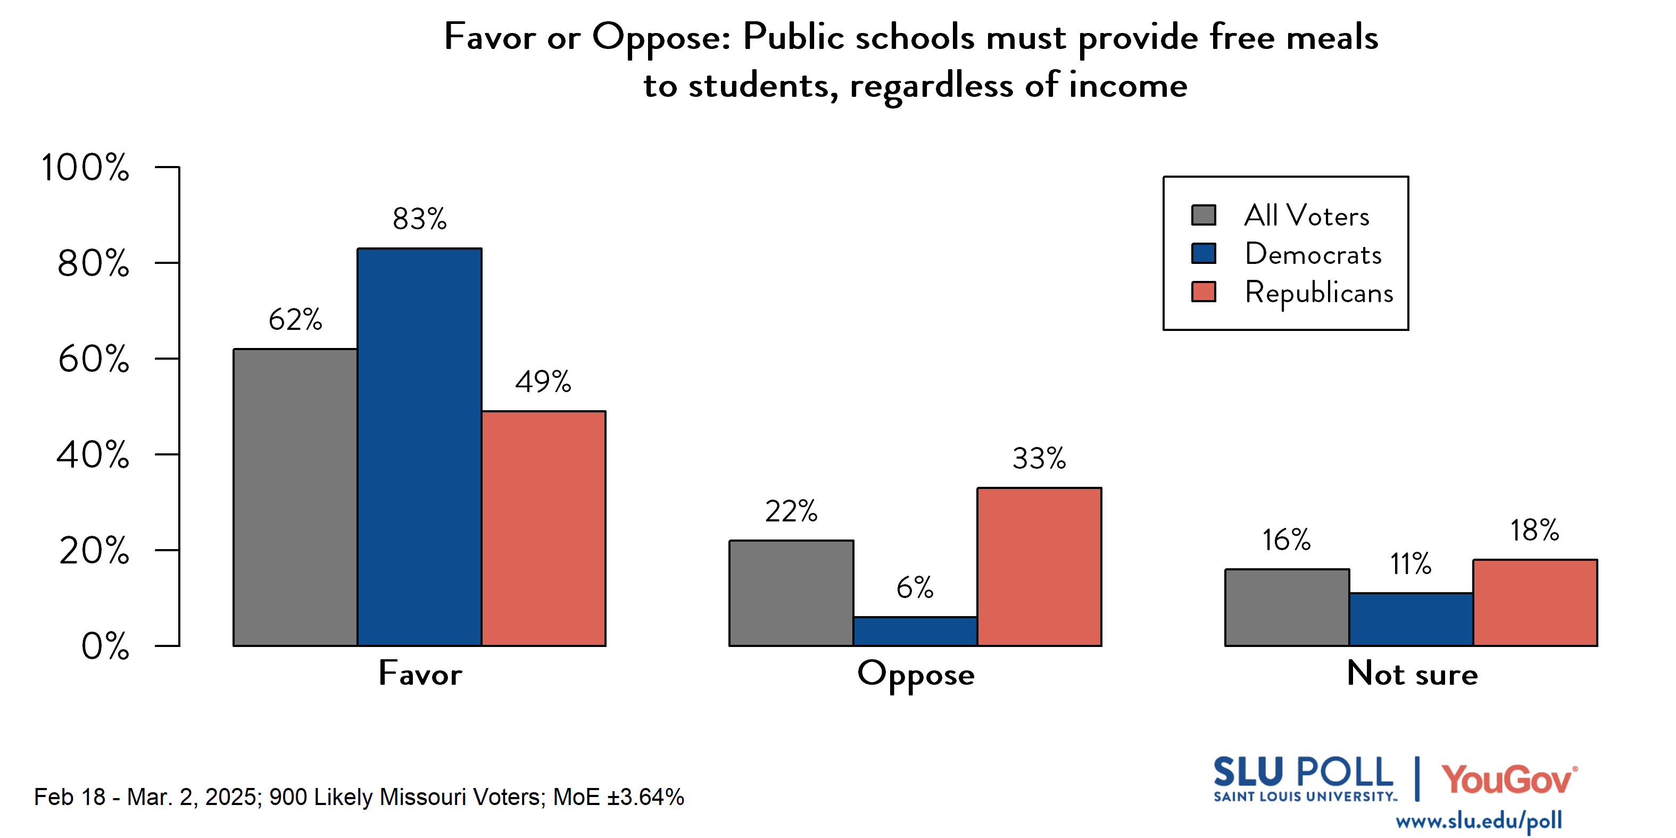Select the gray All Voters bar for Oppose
pos(791,593)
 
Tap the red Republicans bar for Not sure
pos(1535,602)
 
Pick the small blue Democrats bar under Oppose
pos(915,631)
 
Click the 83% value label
pos(419,219)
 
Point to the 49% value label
pos(543,382)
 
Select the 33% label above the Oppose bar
pos(1039,459)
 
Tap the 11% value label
pos(1410,564)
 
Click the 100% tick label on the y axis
pos(85,167)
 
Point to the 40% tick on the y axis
pos(93,455)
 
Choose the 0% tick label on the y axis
pos(105,646)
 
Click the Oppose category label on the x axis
pos(916,674)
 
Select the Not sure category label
pos(1412,674)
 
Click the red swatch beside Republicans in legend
pos(1203,292)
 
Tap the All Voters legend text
pos(1306,215)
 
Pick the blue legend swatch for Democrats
pos(1203,253)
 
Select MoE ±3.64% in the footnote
pos(618,797)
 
